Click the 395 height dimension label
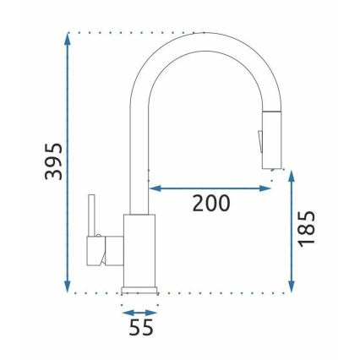[x=52, y=161]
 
